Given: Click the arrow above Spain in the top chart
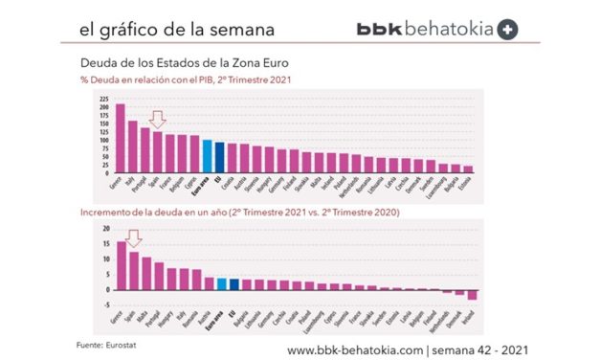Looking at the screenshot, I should tap(158, 120).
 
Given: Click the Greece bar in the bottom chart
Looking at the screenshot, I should tap(122, 266).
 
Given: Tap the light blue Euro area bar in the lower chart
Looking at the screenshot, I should tap(221, 284).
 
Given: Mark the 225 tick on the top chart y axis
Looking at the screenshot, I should tap(102, 99).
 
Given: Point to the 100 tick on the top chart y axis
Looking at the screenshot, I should tap(102, 141).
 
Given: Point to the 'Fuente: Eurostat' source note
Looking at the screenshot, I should tap(103, 341).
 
